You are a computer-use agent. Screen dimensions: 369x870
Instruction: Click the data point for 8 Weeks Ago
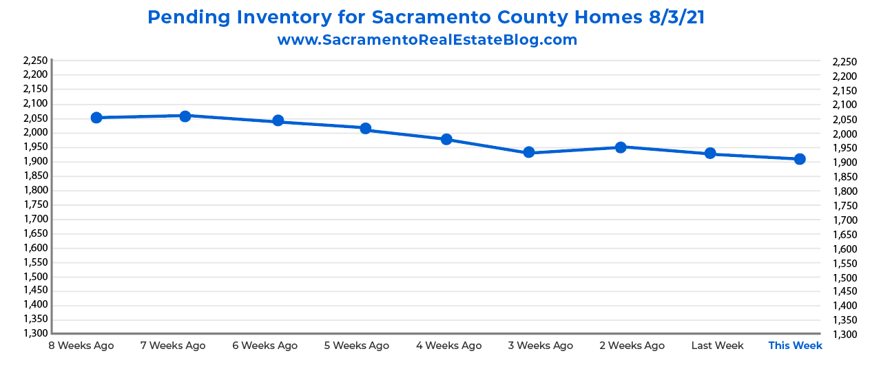(x=96, y=118)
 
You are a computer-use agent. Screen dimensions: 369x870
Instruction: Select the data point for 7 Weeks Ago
(x=185, y=116)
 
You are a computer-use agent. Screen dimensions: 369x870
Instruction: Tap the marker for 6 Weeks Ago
(x=278, y=121)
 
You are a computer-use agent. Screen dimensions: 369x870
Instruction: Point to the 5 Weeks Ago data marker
(x=366, y=129)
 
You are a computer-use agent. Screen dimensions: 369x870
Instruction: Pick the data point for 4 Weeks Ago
(x=446, y=139)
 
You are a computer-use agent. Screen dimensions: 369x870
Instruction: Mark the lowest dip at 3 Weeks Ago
(x=528, y=152)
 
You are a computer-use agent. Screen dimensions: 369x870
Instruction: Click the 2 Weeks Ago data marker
(x=621, y=147)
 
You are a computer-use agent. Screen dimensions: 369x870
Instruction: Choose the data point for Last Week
(x=710, y=154)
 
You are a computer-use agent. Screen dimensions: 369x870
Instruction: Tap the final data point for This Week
(x=800, y=159)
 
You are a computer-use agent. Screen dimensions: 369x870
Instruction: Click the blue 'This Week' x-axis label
(x=795, y=346)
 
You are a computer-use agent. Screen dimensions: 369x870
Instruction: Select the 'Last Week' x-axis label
(x=717, y=346)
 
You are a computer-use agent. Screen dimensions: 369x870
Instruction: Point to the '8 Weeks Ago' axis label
(x=81, y=346)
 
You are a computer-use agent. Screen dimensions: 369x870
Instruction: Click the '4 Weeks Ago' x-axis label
(x=449, y=346)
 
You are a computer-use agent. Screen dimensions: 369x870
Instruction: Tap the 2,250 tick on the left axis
(x=35, y=61)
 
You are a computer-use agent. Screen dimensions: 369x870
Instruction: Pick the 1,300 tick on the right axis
(x=845, y=335)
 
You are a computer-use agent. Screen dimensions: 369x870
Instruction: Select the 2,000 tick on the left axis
(x=35, y=132)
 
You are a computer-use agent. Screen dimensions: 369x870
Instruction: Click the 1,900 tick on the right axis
(x=845, y=162)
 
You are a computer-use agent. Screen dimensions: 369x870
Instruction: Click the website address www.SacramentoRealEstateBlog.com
(x=427, y=40)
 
